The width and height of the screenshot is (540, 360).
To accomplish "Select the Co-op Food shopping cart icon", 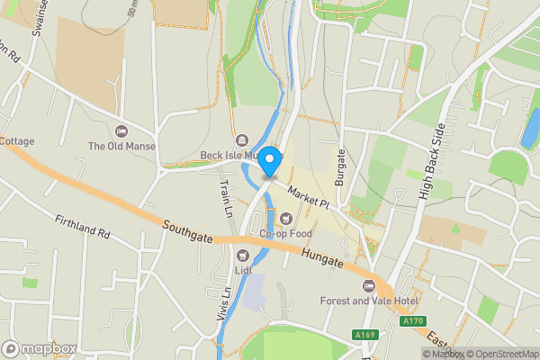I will pyautogui.click(x=286, y=218).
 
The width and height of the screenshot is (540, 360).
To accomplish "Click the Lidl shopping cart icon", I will pyautogui.click(x=242, y=255).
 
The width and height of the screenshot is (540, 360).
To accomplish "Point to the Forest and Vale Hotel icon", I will pyautogui.click(x=367, y=285).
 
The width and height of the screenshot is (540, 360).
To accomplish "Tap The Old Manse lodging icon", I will pyautogui.click(x=121, y=131).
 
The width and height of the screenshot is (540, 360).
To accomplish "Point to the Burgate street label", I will pyautogui.click(x=340, y=167).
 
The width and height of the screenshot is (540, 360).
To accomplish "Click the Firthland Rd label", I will pyautogui.click(x=82, y=226).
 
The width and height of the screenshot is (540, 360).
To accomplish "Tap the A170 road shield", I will pyautogui.click(x=412, y=320).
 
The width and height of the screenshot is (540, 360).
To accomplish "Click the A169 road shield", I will pyautogui.click(x=364, y=335).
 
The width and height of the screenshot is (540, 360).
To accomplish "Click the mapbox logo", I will pyautogui.click(x=39, y=348).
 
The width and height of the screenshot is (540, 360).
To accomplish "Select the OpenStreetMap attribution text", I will pyautogui.click(x=500, y=354).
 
